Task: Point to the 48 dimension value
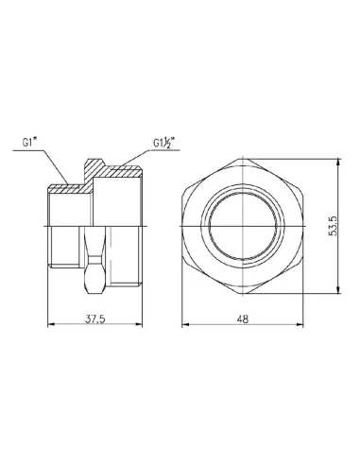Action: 244,319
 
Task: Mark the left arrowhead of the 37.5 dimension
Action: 50,326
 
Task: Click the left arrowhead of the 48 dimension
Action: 183,326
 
